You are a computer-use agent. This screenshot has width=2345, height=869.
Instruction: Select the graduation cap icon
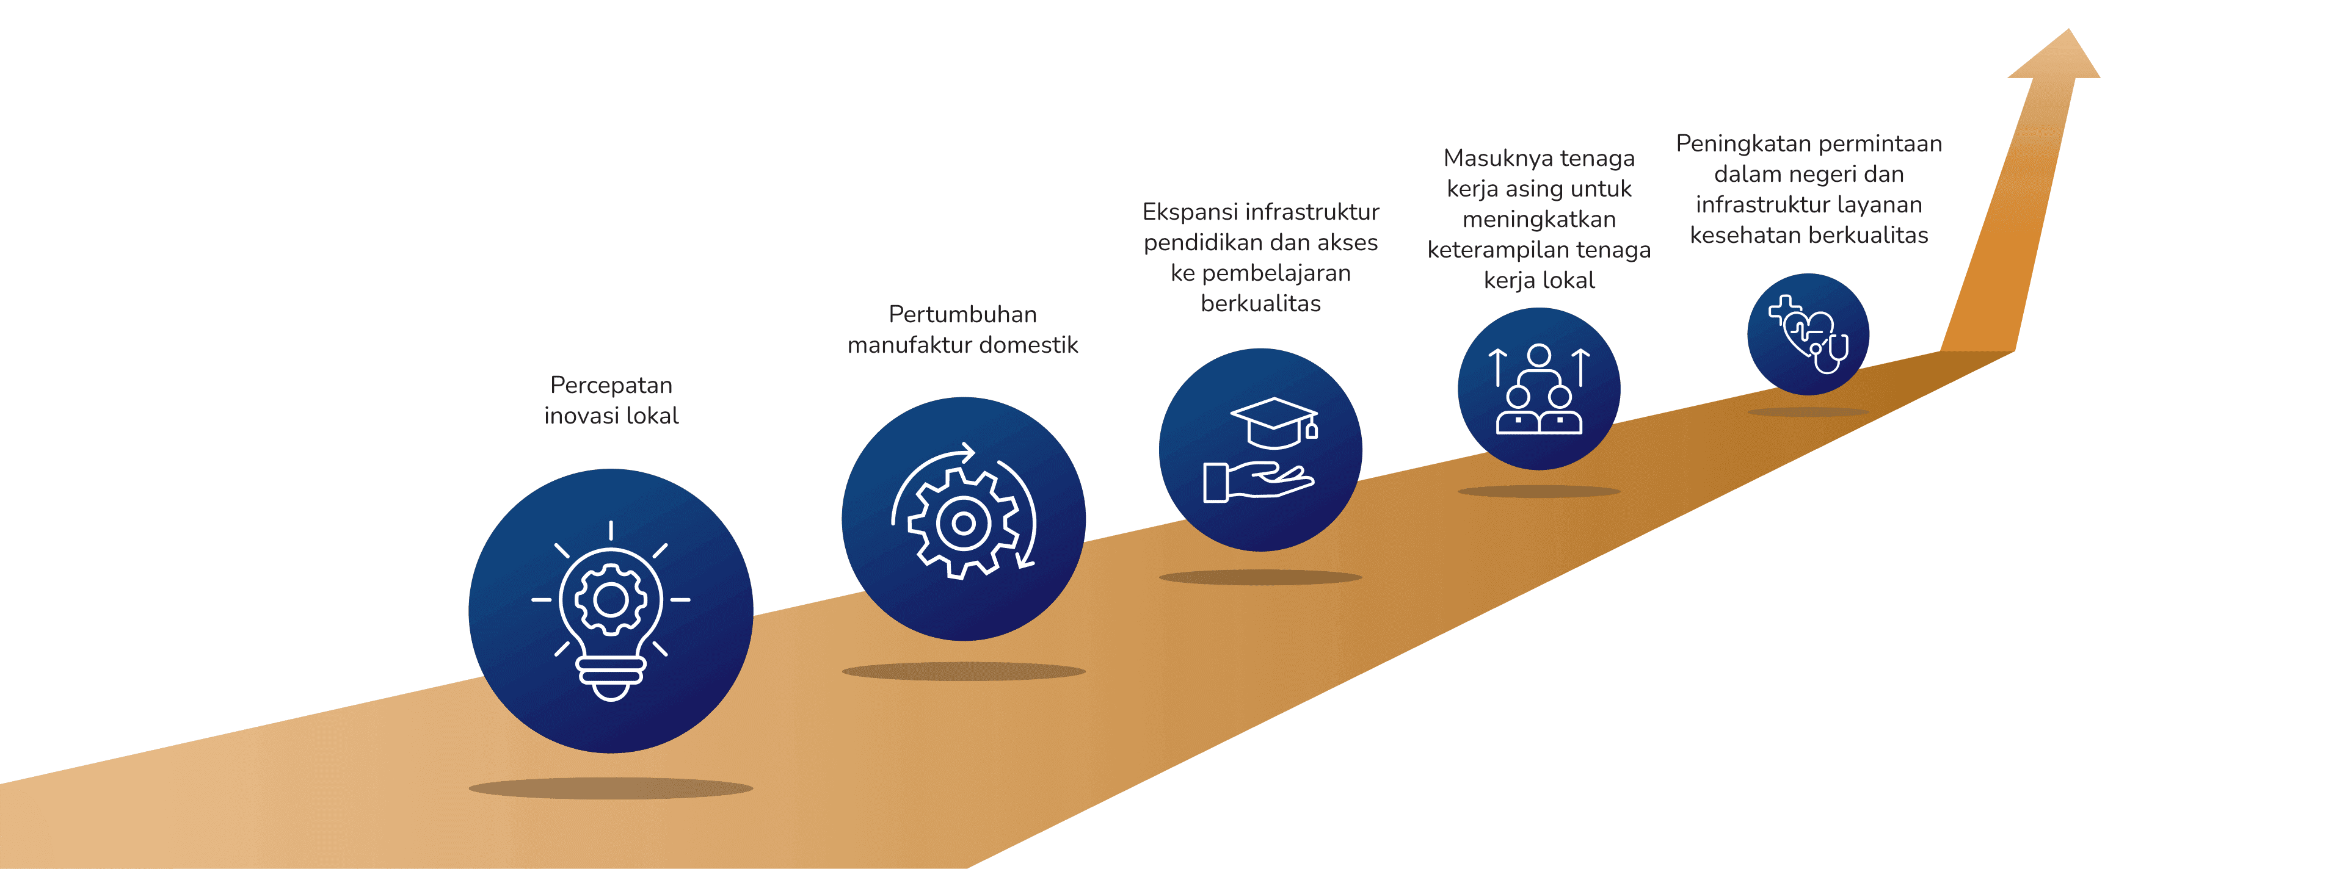point(1274,423)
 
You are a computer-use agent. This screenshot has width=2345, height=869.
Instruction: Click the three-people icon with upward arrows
point(1538,389)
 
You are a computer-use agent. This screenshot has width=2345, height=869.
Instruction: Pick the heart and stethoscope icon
point(1808,334)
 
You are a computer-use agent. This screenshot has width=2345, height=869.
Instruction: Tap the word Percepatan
point(611,385)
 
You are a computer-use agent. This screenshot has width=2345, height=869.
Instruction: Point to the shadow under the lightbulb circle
point(611,788)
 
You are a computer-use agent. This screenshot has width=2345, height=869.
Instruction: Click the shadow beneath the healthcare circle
point(1808,412)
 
